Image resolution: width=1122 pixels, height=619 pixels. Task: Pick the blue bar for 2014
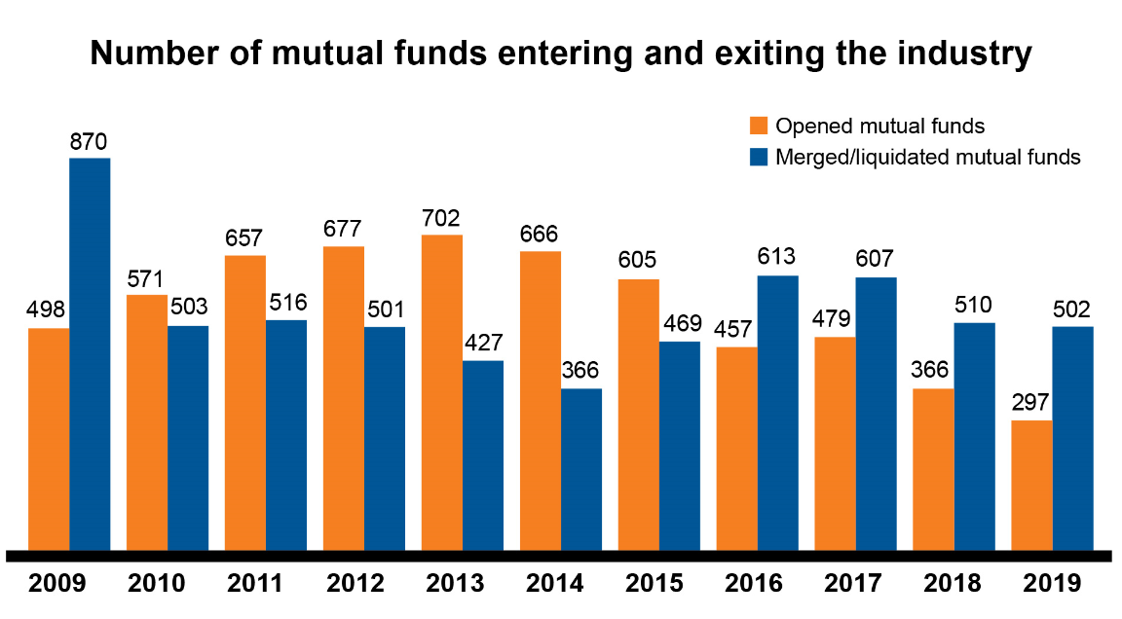pos(581,469)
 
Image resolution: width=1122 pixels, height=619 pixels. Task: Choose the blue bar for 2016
pos(777,413)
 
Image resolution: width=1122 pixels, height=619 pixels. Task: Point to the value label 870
pos(89,141)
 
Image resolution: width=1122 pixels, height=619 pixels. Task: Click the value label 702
pos(441,218)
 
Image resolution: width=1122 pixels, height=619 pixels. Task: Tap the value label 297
pos(1031,404)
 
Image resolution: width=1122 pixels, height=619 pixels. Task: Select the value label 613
pos(777,258)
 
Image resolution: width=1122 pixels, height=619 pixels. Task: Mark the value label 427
pos(483,344)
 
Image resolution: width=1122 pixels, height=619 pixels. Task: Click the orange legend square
pos(759,126)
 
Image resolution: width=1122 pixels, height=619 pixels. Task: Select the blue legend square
pos(759,157)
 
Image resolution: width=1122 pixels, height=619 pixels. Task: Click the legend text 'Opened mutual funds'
pos(879,126)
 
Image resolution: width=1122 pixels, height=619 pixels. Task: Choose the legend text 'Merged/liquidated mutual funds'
pos(927,157)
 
